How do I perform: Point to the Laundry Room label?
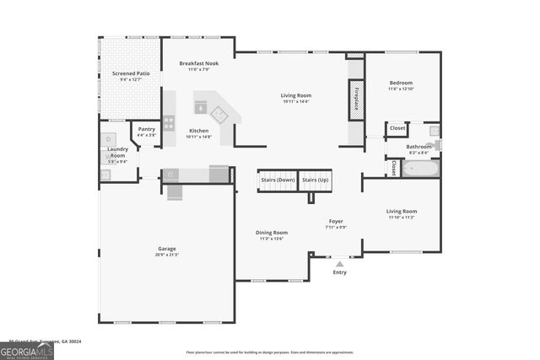tap(117, 155)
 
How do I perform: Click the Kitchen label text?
tap(199, 132)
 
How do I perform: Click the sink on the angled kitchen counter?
tap(220, 113)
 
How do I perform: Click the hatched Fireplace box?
tap(355, 96)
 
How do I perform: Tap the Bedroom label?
tap(401, 85)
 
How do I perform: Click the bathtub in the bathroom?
tap(419, 169)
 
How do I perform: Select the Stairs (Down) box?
tap(277, 180)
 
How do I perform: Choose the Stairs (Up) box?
tap(315, 180)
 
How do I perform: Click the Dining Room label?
tap(273, 234)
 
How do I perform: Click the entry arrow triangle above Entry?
tap(339, 264)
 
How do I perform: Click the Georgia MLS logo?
tap(27, 351)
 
